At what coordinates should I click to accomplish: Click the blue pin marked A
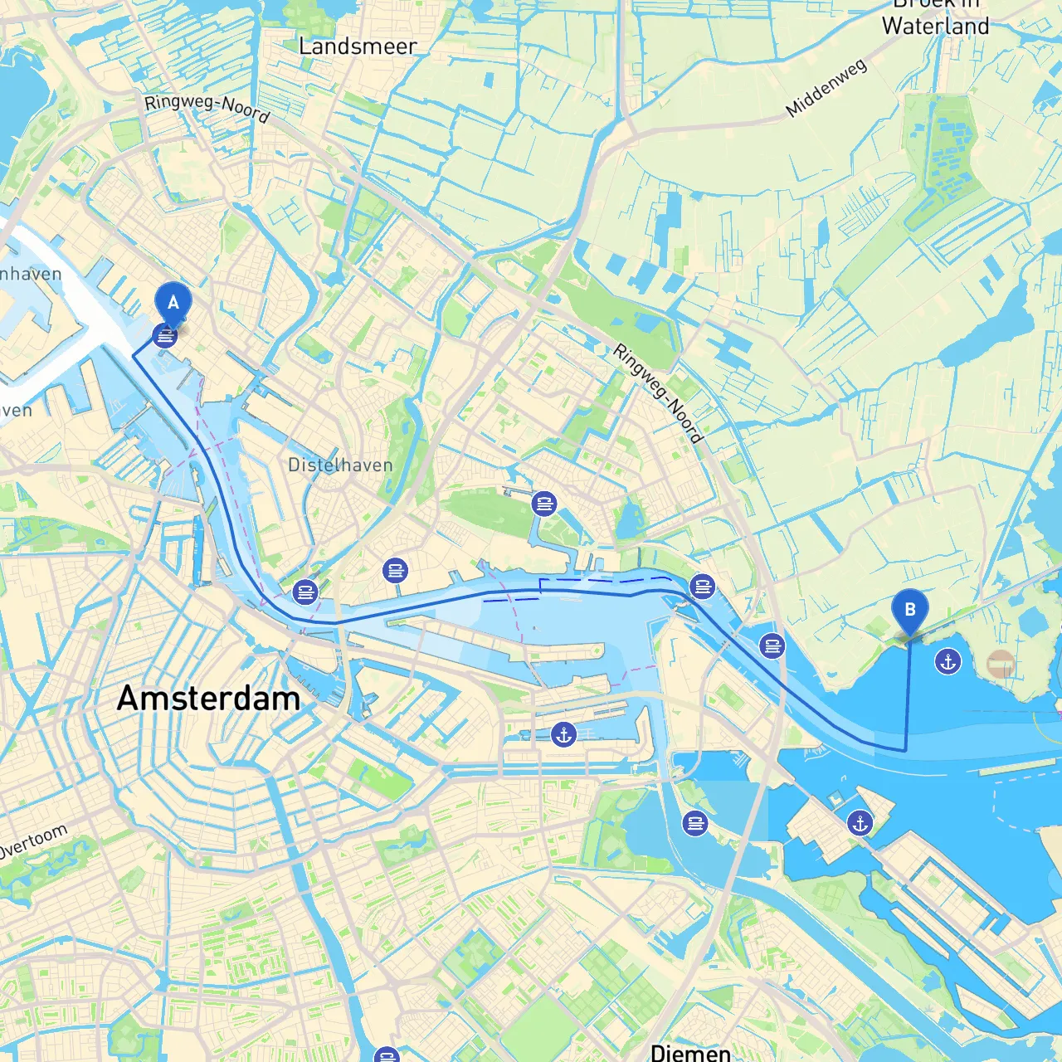coord(173,303)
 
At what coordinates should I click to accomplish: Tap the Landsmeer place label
coord(358,46)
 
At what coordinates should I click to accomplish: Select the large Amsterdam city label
coord(208,698)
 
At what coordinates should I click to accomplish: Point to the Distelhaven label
coord(340,465)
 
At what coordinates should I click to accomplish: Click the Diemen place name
coord(690,1052)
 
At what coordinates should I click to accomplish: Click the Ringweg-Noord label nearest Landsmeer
coord(207,108)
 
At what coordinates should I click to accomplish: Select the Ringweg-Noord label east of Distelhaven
coord(658,393)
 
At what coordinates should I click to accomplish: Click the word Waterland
coord(935,27)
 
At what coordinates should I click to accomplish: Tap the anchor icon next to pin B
coord(948,661)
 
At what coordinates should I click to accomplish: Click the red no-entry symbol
coord(1001,664)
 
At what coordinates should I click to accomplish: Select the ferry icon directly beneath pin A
coord(166,336)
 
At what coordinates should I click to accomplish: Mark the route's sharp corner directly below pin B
coord(905,750)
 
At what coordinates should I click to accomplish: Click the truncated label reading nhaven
coord(31,275)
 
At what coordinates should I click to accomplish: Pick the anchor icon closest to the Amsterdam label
coord(563,734)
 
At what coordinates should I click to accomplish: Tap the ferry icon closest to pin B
coord(772,645)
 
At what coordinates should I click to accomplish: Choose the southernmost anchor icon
coord(860,823)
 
